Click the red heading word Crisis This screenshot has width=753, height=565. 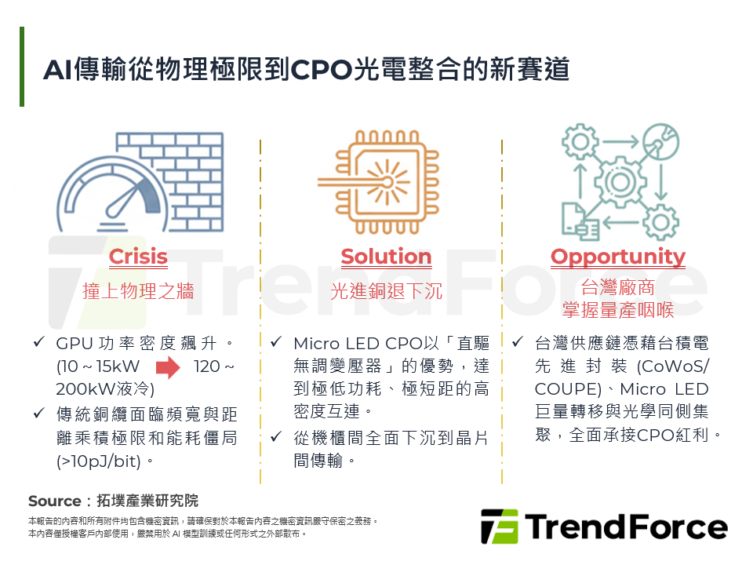[138, 257]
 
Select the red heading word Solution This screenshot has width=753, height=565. [386, 257]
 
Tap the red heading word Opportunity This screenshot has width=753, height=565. [617, 257]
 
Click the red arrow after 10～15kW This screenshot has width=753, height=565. [168, 366]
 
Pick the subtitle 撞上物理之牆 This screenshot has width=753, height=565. [138, 291]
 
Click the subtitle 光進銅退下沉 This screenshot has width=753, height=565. [386, 291]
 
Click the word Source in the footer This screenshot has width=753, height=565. [55, 501]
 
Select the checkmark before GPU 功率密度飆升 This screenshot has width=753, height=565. [39, 343]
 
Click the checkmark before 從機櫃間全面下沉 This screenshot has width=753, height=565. [276, 436]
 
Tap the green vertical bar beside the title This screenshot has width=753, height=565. [22, 67]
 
